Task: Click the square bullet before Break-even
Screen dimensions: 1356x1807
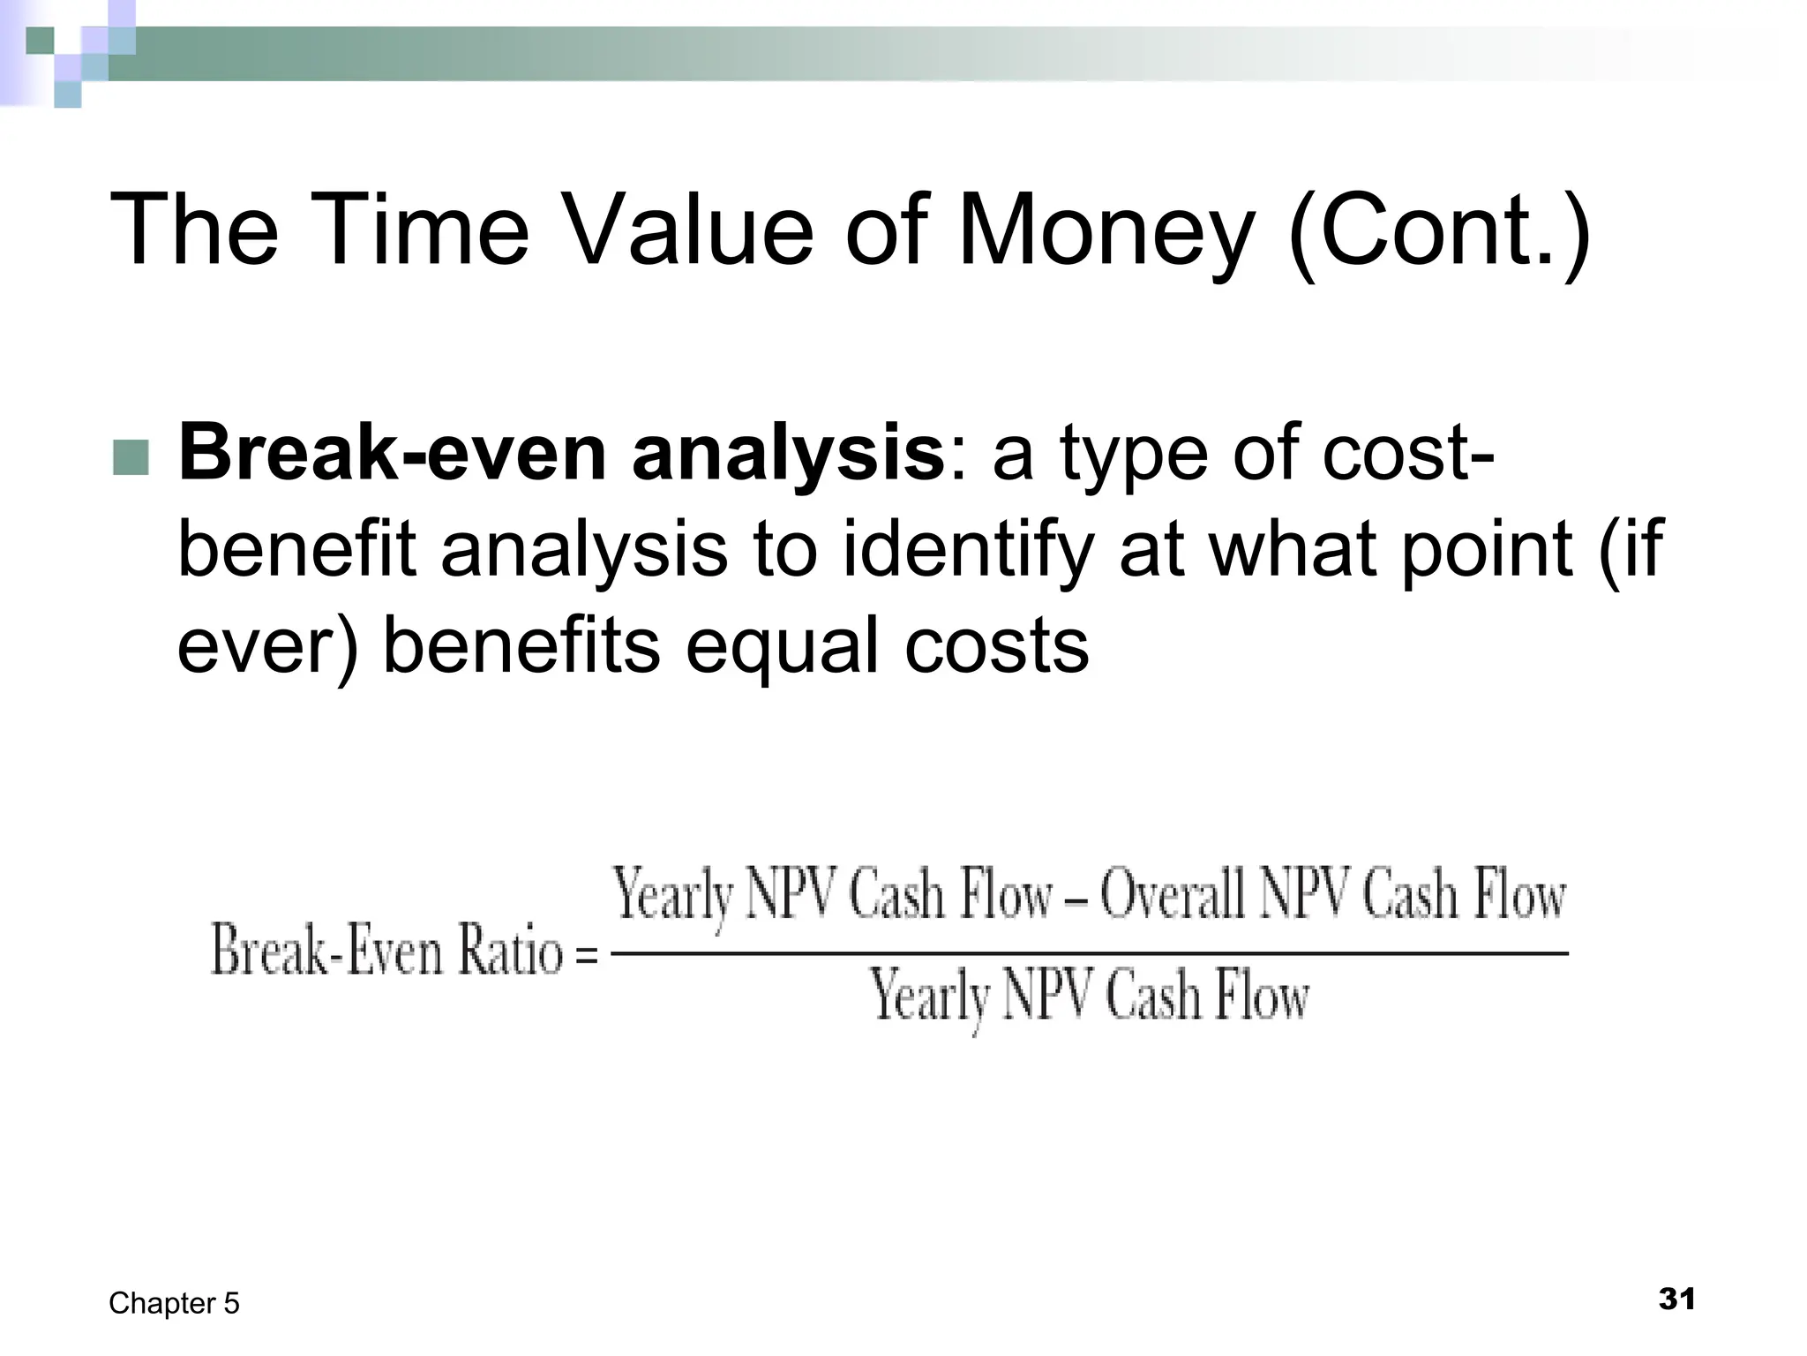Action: click(131, 457)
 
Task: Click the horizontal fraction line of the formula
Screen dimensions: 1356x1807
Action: click(1089, 953)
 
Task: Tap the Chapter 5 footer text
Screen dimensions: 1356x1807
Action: click(174, 1303)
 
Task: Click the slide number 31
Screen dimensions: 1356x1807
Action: click(1676, 1299)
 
